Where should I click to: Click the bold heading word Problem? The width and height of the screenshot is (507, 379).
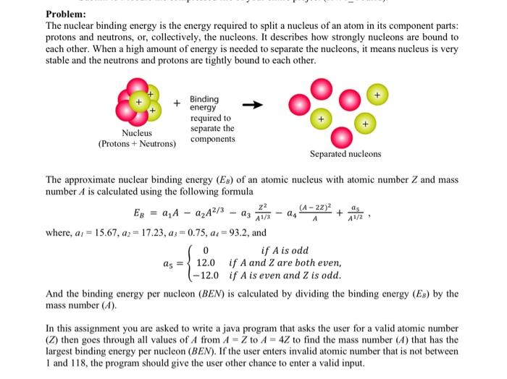65,14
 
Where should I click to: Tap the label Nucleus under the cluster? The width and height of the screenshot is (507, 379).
137,133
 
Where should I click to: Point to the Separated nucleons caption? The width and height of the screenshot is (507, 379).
345,153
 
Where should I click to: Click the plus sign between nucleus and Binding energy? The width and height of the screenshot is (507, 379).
177,103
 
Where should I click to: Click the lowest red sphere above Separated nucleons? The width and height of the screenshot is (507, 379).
343,136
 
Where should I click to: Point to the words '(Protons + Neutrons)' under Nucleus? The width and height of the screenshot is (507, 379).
137,144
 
